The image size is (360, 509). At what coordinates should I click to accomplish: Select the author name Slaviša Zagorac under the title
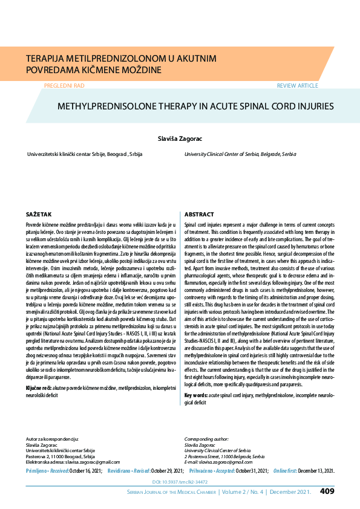[x=180, y=138]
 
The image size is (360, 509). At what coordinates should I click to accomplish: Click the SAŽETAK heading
[x=39, y=215]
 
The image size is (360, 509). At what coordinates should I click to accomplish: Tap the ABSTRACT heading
[x=198, y=215]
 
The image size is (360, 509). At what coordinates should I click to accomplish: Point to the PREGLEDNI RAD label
[x=64, y=86]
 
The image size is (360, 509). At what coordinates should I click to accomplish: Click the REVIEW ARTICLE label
[x=297, y=86]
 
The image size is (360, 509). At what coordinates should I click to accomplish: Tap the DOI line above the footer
[x=180, y=482]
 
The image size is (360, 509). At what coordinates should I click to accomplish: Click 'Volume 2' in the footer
[x=238, y=491]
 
